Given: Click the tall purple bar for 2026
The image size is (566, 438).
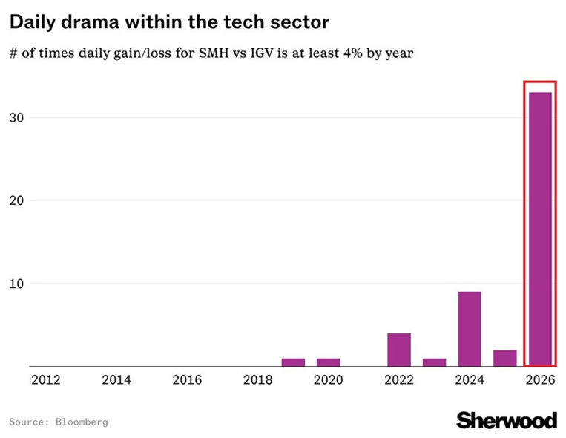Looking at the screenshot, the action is pyautogui.click(x=540, y=229).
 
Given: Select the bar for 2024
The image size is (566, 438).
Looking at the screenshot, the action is pyautogui.click(x=470, y=329).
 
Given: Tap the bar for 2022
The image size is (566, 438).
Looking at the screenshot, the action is pyautogui.click(x=399, y=350).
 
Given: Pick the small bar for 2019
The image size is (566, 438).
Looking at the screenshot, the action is pyautogui.click(x=293, y=362).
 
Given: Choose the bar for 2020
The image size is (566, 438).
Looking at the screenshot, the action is pyautogui.click(x=328, y=362).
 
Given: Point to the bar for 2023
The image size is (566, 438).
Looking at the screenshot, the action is pyautogui.click(x=434, y=362).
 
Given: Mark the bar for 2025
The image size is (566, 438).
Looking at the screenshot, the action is pyautogui.click(x=505, y=358).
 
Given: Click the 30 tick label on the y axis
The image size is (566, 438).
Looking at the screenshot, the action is pyautogui.click(x=16, y=118).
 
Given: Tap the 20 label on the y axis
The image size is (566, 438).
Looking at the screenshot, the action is pyautogui.click(x=16, y=200).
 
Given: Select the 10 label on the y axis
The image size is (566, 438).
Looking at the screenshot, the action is pyautogui.click(x=16, y=284).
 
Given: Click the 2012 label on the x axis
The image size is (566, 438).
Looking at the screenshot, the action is pyautogui.click(x=46, y=380).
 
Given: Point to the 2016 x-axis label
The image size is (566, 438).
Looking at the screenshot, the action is pyautogui.click(x=187, y=380).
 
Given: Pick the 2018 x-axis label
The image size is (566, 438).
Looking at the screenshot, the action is pyautogui.click(x=257, y=380).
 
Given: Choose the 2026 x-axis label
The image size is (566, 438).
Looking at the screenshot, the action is pyautogui.click(x=540, y=380).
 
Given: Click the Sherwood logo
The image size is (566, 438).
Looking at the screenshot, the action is pyautogui.click(x=507, y=420).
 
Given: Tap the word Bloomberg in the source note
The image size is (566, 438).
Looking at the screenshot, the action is pyautogui.click(x=82, y=422).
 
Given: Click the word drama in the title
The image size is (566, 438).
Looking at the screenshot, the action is pyautogui.click(x=90, y=22).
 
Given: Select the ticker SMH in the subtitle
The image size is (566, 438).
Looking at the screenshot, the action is pyautogui.click(x=214, y=53).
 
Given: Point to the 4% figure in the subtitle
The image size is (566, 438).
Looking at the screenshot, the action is pyautogui.click(x=353, y=53).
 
